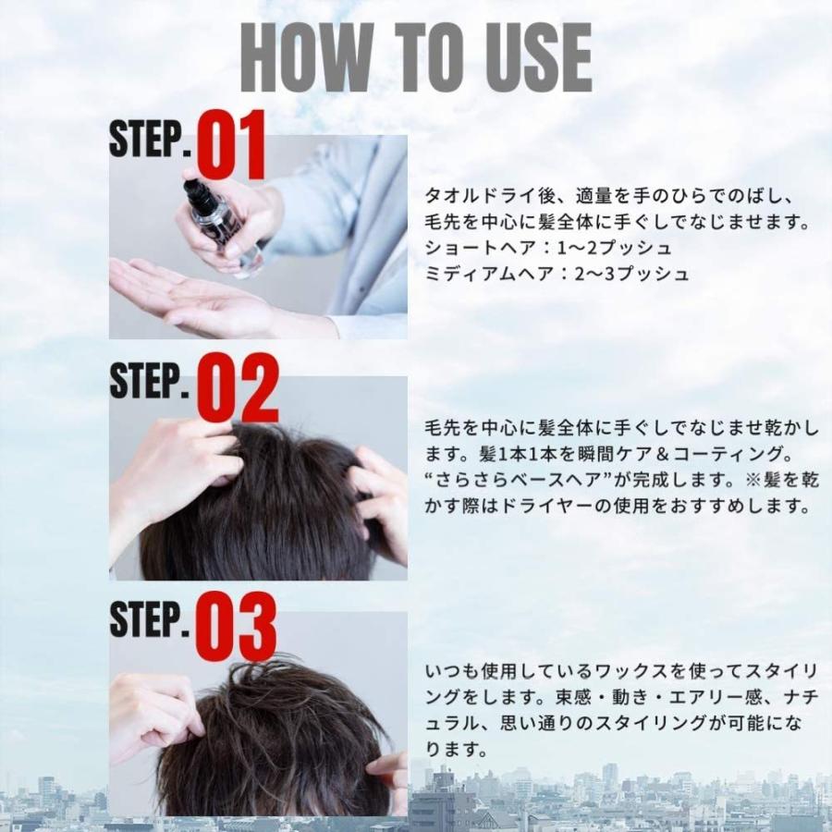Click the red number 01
pyautogui.click(x=231, y=145)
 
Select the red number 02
pyautogui.click(x=238, y=388)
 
